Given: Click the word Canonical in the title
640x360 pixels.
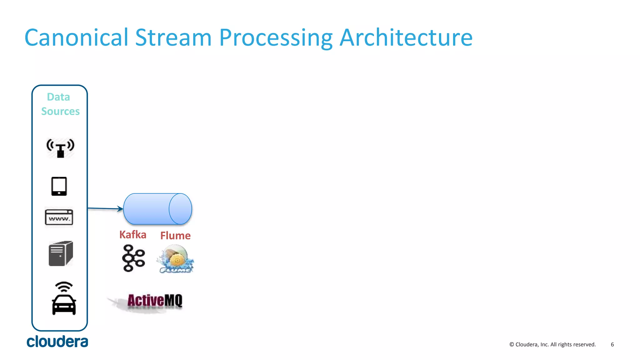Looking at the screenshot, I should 77,37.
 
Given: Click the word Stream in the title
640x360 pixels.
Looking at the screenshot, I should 173,37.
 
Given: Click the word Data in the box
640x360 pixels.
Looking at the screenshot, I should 58,97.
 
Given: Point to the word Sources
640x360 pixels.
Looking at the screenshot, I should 60,111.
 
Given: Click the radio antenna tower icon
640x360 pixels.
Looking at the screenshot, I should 60,148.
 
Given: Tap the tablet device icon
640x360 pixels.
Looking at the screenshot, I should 59,186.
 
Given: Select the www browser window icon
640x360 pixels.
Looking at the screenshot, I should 59,217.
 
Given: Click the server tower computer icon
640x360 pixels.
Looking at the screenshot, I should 61,253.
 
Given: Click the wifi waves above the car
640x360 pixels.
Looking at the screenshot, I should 64,287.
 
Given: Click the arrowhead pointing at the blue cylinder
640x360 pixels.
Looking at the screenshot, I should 120,208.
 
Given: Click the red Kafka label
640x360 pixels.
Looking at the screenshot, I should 133,235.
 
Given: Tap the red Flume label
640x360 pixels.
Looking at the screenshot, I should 175,236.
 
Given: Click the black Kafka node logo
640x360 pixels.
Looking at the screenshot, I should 133,258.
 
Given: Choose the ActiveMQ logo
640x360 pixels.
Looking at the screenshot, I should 154,301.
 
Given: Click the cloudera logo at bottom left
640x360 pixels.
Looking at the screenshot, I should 57,342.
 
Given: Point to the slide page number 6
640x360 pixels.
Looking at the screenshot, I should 612,344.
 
